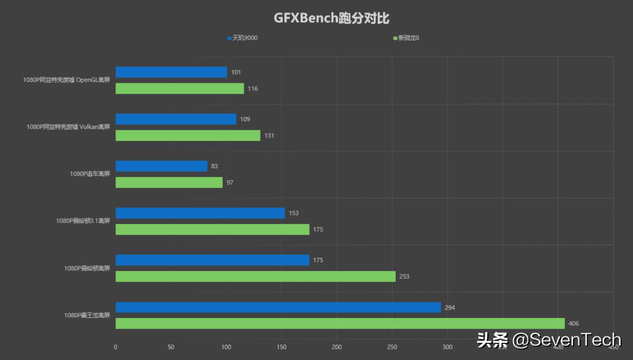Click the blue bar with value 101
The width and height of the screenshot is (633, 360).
pyautogui.click(x=171, y=72)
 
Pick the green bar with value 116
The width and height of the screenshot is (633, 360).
pyautogui.click(x=179, y=88)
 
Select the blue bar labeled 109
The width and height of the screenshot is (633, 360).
pyautogui.click(x=176, y=119)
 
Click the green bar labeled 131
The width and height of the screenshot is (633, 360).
pyautogui.click(x=188, y=135)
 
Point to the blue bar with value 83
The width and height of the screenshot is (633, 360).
pyautogui.click(x=161, y=166)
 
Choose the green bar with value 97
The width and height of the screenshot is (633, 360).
pyautogui.click(x=169, y=182)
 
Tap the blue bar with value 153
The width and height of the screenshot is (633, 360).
pyautogui.click(x=200, y=213)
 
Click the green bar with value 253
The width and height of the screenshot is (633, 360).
pyautogui.click(x=255, y=276)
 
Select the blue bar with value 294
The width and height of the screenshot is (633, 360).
pyautogui.click(x=278, y=307)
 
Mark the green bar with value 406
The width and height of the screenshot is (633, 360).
pyautogui.click(x=340, y=324)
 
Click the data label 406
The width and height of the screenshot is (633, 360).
pyautogui.click(x=574, y=324)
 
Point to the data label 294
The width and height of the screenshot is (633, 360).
pyautogui.click(x=450, y=307)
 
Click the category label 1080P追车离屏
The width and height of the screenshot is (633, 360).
pyautogui.click(x=90, y=174)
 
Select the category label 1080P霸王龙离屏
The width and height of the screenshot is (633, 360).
pyautogui.click(x=87, y=315)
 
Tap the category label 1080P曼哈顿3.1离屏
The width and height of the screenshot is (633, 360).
pyautogui.click(x=83, y=221)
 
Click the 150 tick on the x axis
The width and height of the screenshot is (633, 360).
pyautogui.click(x=281, y=347)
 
